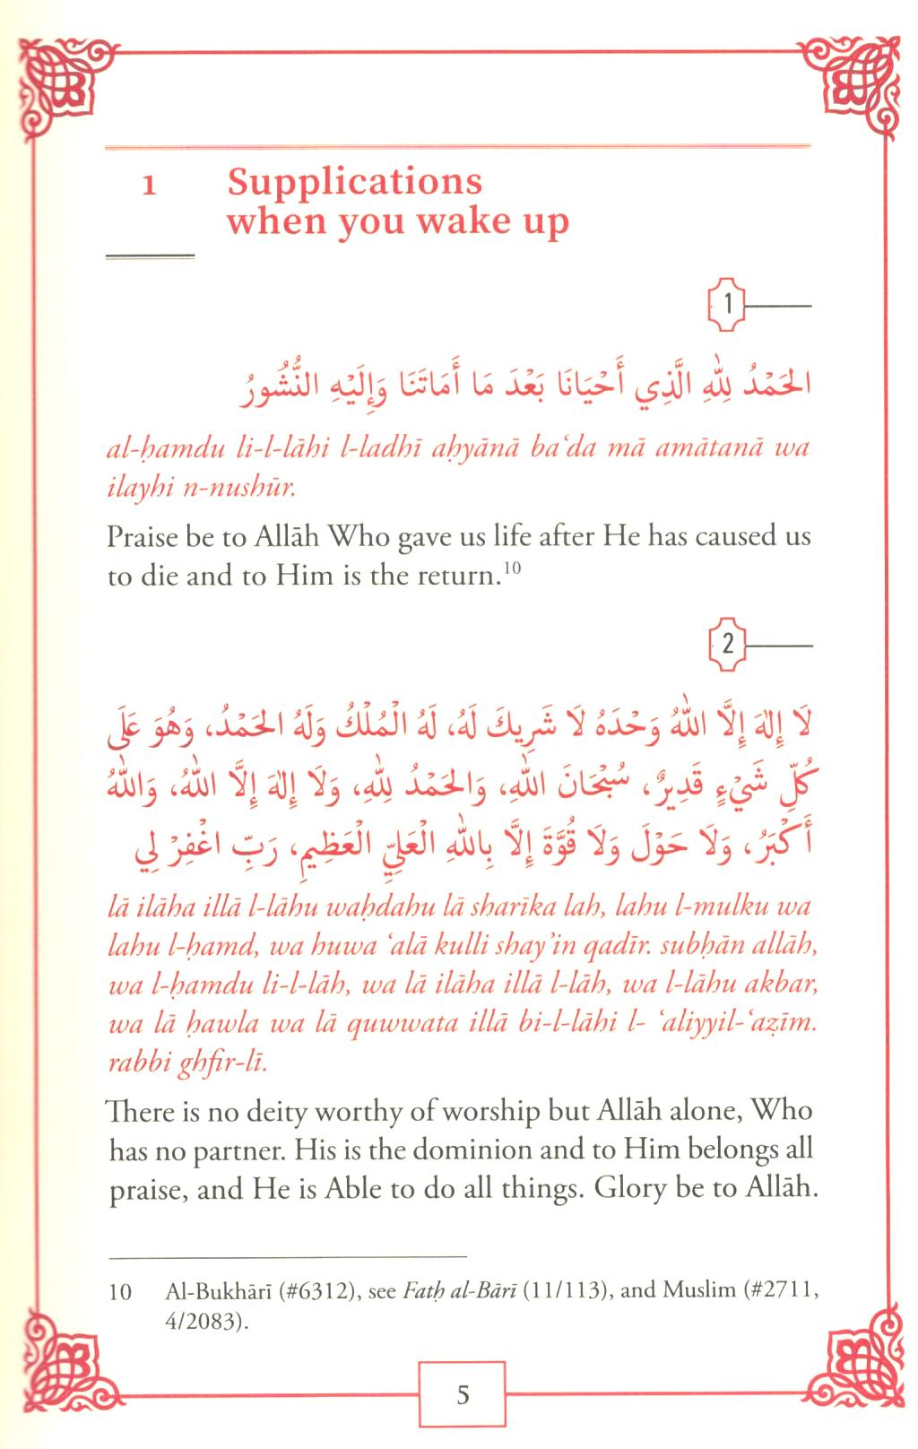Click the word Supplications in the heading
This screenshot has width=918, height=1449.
coord(354,182)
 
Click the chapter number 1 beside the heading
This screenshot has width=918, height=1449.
coord(151,187)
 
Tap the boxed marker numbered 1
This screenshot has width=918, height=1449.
coord(728,306)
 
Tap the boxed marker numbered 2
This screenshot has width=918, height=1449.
coord(728,644)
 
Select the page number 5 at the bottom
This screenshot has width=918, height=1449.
coord(463,1394)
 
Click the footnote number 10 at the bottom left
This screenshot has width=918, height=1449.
coord(119,1292)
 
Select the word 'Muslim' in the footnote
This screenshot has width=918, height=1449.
coord(692,1291)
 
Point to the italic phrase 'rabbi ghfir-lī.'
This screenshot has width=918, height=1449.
coord(186,1064)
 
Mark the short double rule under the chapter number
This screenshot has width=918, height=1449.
coord(150,257)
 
